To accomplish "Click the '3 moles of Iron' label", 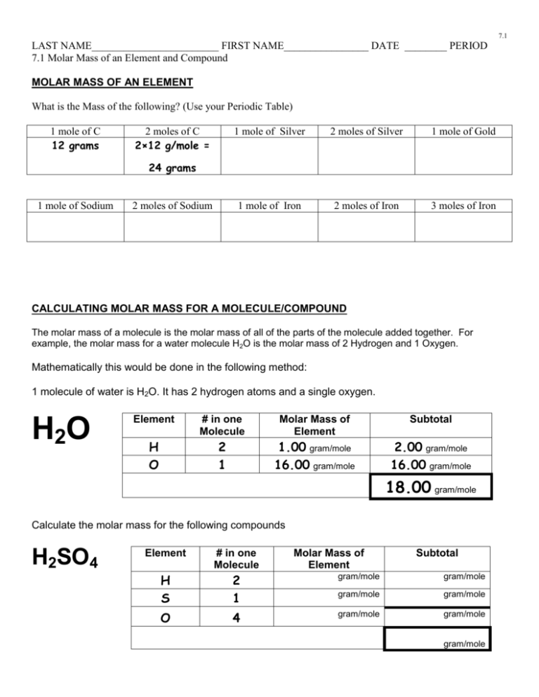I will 463,205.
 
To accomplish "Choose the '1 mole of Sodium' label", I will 74,205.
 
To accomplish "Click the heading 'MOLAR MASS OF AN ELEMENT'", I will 112,83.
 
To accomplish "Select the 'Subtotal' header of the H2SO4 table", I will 437,553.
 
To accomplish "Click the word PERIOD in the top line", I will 468,46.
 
